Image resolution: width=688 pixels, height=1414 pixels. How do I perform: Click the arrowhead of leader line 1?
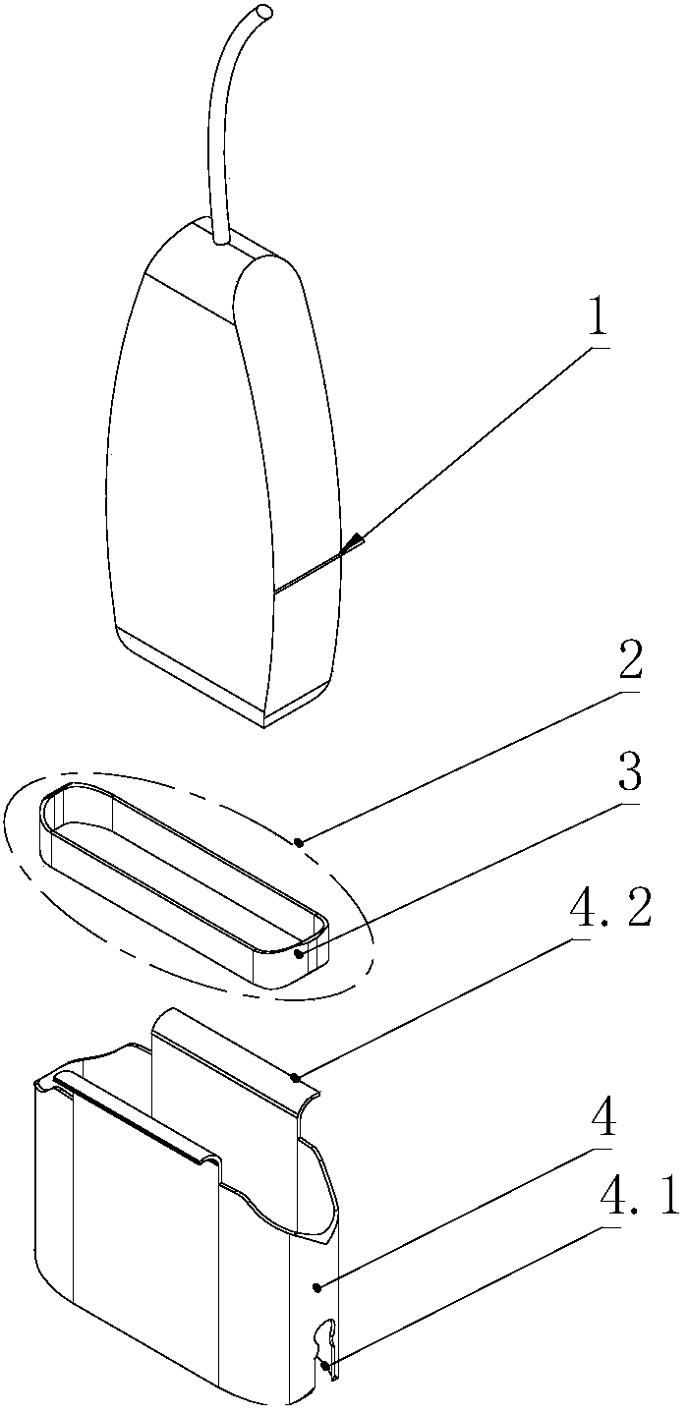point(353,544)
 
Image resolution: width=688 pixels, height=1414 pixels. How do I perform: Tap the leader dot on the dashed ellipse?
point(299,841)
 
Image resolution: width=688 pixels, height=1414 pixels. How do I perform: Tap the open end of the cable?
point(265,11)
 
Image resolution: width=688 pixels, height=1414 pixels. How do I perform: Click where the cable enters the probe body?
point(221,238)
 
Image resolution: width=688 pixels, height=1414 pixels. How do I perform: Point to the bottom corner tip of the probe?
point(265,726)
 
